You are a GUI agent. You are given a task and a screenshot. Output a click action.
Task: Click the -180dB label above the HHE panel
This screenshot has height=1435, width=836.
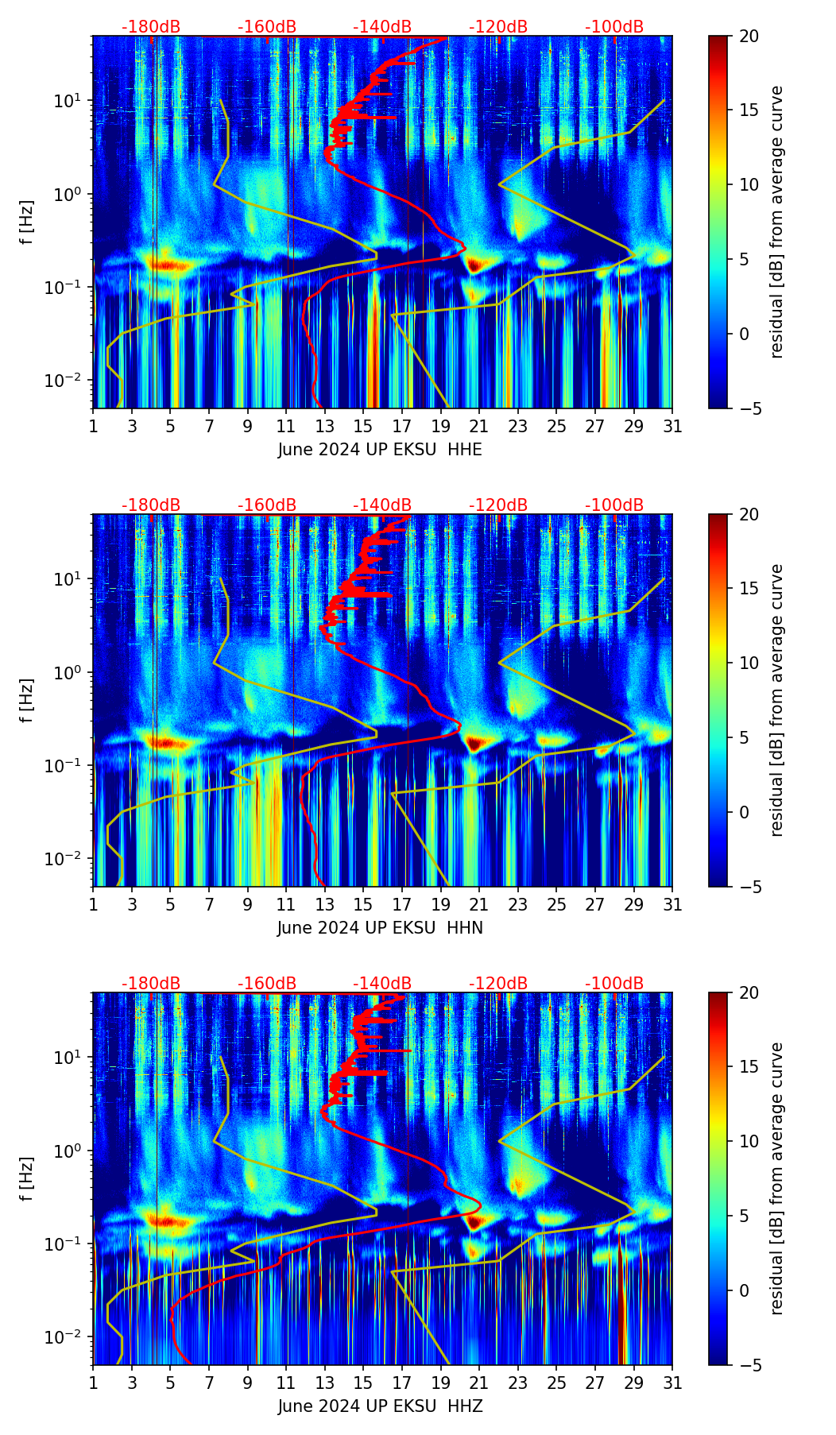151,28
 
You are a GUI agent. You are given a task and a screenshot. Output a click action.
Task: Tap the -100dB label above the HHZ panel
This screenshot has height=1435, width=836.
614,984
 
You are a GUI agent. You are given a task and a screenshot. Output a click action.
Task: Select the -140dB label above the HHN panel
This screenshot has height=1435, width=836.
382,506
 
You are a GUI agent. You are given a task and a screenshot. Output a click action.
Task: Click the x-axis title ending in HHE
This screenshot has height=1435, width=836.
380,450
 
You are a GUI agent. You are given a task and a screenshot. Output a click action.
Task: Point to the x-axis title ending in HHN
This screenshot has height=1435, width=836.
380,928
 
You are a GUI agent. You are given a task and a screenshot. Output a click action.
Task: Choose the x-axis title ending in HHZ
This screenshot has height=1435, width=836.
380,1406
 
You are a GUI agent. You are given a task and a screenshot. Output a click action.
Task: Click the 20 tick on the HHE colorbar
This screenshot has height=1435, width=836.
749,37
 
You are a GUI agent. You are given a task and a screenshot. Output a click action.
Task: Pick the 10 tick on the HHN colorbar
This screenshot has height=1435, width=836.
749,663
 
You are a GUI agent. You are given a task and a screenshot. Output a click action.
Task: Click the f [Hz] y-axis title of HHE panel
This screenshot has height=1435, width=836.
28,222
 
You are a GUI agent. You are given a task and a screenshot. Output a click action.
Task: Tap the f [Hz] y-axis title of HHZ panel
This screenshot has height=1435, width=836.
28,1179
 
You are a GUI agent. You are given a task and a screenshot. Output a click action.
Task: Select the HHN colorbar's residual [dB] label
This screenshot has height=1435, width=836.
777,700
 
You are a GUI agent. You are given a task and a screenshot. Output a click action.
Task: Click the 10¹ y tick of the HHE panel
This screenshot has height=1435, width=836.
73,101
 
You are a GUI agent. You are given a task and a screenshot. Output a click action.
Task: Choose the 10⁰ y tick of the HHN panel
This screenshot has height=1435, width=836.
73,672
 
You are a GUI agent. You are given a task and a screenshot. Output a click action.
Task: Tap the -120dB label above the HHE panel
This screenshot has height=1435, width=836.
498,28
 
